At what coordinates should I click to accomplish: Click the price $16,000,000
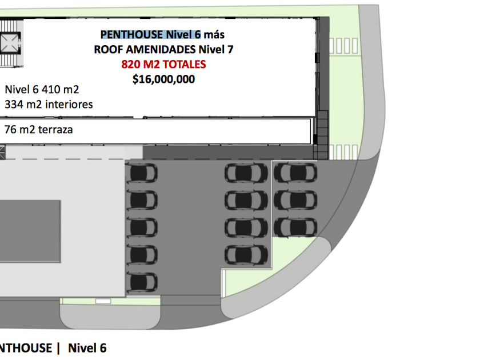163,79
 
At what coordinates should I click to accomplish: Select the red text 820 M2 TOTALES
163,65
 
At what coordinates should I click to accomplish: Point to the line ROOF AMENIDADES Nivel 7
163,50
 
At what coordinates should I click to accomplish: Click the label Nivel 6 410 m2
42,90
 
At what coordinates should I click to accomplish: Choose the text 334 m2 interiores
49,105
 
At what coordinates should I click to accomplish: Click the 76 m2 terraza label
39,130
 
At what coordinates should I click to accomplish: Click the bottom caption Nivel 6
87,347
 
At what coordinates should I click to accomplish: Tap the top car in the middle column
246,173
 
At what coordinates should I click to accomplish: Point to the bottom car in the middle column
246,254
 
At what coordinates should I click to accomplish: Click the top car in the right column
295,173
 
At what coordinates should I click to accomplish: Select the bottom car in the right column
295,227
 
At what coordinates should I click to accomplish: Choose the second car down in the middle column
246,200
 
